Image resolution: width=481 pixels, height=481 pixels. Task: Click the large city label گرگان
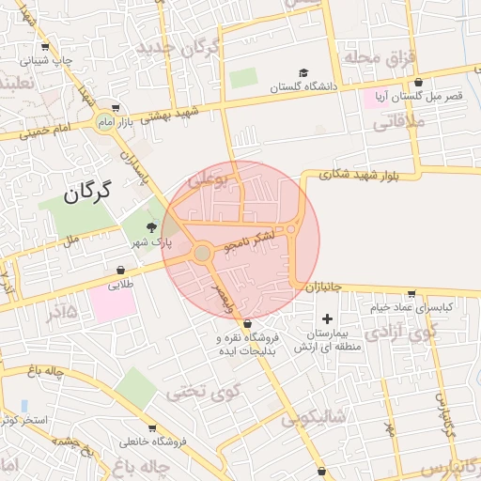point(87,193)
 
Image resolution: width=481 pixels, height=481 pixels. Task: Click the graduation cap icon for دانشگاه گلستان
point(303,72)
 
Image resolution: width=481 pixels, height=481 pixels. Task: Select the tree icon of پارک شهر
point(151,227)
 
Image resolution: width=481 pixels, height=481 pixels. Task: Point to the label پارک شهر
point(151,242)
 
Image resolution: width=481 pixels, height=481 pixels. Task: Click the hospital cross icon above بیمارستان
point(327,319)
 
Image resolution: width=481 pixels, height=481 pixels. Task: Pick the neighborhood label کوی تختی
point(203,391)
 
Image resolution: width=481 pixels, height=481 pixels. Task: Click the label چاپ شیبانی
point(47,62)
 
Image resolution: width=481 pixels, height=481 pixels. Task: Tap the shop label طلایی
point(121,284)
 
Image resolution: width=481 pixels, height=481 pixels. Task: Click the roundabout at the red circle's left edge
point(201,253)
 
